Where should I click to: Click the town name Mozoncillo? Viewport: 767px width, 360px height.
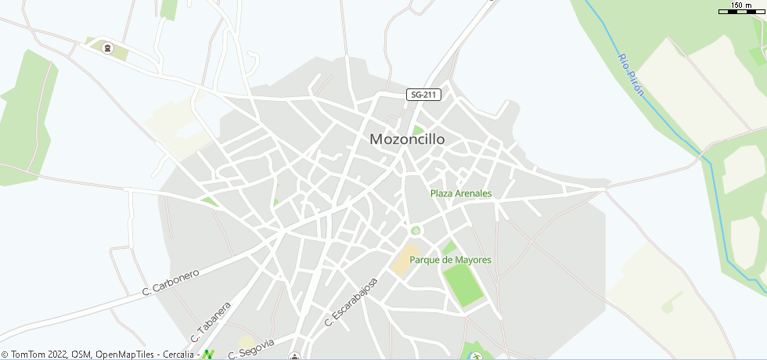coord(407,139)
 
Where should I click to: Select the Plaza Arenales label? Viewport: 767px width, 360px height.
coord(461,193)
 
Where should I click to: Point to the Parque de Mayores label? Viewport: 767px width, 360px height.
coord(462,260)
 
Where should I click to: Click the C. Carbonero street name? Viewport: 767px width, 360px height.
coord(171,283)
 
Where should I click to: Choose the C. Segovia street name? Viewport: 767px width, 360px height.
coord(251,349)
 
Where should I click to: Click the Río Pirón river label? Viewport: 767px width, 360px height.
coord(631,75)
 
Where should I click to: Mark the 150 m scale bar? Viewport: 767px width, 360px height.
coord(742,10)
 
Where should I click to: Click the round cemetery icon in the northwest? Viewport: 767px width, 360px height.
coord(108,49)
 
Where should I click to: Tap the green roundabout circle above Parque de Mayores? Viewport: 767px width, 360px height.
coord(416,230)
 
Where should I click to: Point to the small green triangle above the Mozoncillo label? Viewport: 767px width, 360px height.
coord(418,130)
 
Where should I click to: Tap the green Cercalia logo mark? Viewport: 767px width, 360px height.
coord(208,355)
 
